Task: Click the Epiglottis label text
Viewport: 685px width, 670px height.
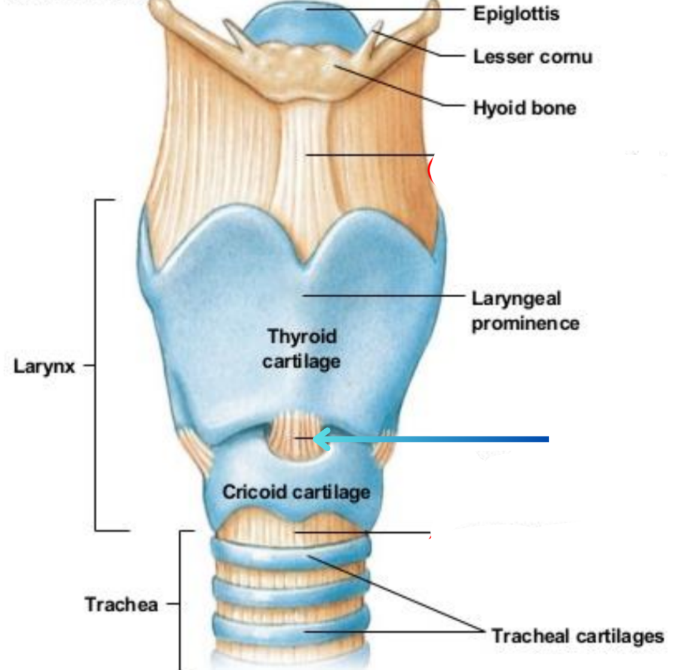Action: coord(516,13)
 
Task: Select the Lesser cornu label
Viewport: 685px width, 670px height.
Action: coord(532,57)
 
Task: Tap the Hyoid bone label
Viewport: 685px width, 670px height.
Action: coord(524,108)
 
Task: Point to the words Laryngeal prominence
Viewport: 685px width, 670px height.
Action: coord(524,310)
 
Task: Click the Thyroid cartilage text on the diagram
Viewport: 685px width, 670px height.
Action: coord(301,348)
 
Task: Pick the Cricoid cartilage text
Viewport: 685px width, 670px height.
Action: coord(296,492)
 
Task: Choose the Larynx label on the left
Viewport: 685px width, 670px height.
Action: coord(44,366)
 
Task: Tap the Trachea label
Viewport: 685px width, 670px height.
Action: coord(121,604)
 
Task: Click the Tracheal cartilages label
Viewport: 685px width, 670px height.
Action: coord(577,636)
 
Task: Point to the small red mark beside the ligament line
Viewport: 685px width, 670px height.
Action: coord(431,170)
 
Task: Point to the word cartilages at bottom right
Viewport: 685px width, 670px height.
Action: coord(622,636)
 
